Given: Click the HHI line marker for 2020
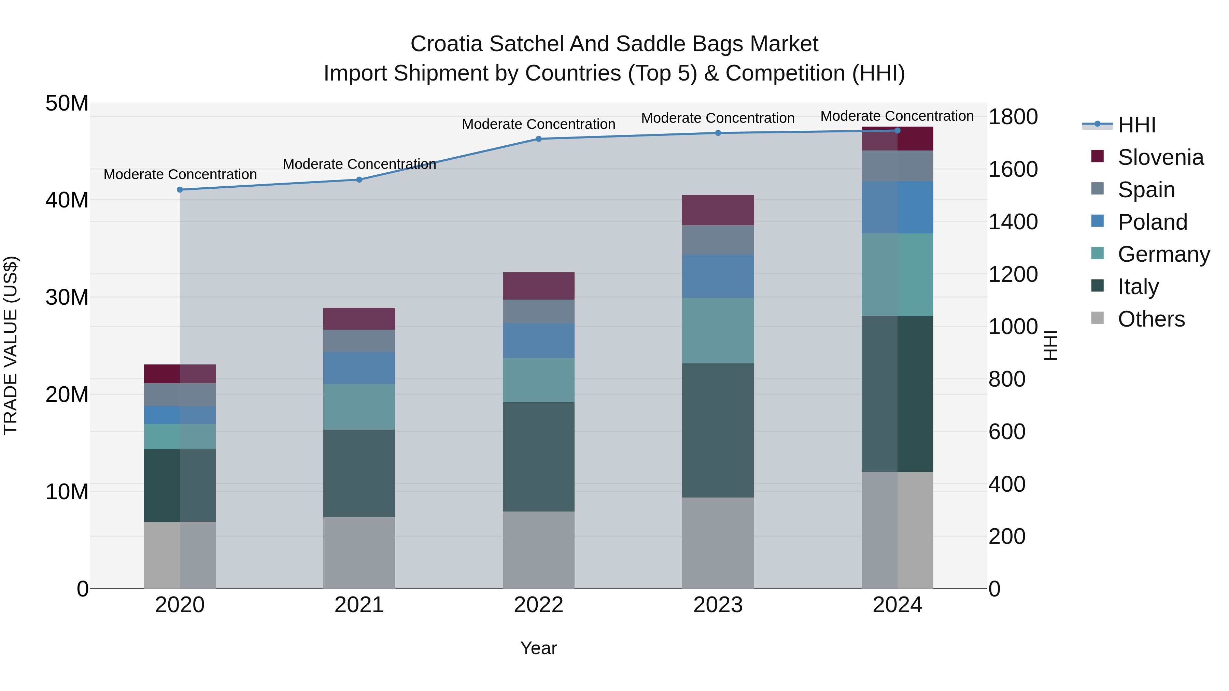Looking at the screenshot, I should click(x=180, y=190).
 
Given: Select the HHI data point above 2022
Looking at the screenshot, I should click(x=539, y=139).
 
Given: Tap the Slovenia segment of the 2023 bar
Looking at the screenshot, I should click(x=718, y=210).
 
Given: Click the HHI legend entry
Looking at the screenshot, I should click(x=1136, y=125).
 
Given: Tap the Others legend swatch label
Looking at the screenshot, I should click(x=1151, y=319).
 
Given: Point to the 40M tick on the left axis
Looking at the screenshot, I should click(x=67, y=200).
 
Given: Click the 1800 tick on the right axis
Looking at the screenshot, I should click(x=1013, y=117).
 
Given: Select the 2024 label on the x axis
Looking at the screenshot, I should click(x=897, y=605).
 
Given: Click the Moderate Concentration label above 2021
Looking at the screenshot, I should click(x=359, y=164).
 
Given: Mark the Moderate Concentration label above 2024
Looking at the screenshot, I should click(x=897, y=116).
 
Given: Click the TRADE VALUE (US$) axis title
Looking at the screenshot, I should click(x=11, y=345).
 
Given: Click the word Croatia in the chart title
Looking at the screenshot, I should click(x=447, y=44).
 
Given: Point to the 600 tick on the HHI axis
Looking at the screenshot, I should click(x=1007, y=432).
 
